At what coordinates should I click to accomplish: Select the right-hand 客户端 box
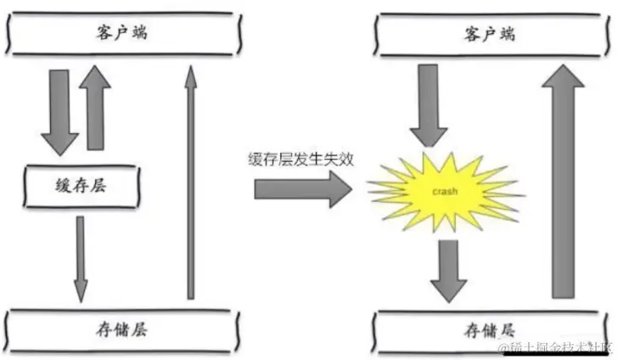pos(491,33)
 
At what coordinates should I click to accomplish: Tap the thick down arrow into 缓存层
pos(59,110)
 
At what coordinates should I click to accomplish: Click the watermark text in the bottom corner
pos(555,348)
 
